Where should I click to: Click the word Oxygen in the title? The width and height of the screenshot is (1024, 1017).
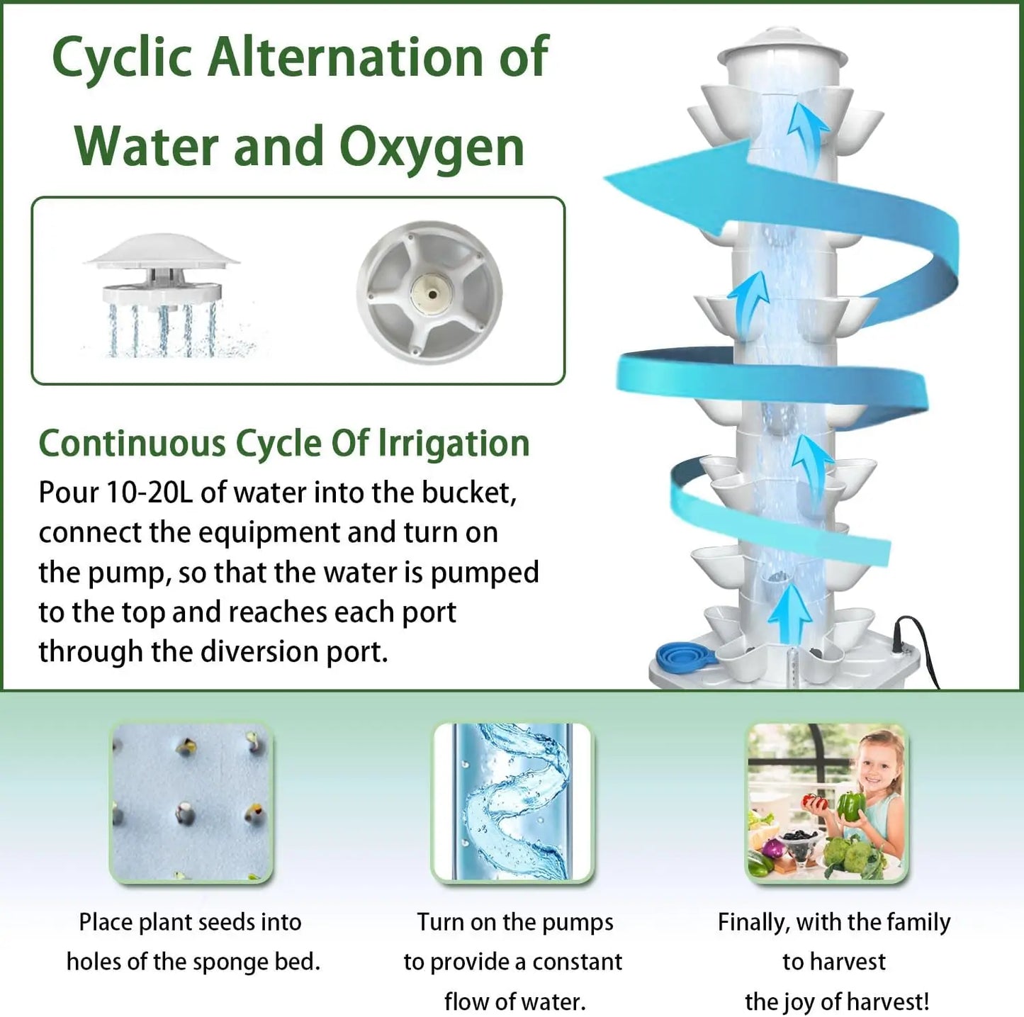click(x=432, y=147)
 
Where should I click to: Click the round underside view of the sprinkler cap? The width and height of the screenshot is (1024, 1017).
click(x=429, y=292)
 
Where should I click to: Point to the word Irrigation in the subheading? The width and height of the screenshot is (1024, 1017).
click(x=454, y=444)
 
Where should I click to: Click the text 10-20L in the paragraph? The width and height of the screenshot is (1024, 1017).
click(x=149, y=492)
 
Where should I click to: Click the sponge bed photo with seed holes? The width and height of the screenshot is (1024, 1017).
click(x=191, y=802)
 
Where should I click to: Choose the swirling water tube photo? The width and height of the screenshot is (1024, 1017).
click(x=512, y=802)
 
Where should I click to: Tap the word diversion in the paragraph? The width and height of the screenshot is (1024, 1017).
click(x=261, y=651)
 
